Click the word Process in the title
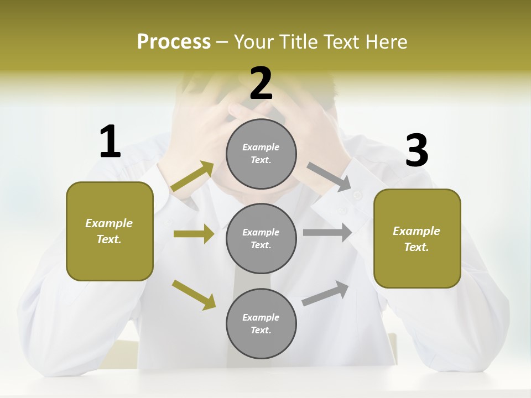(x=174, y=42)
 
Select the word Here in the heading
(x=386, y=42)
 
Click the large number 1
(x=110, y=142)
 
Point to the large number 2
(x=261, y=83)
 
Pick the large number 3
(x=417, y=151)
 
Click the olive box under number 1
(x=110, y=231)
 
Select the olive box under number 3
(x=417, y=238)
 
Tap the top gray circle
(x=261, y=154)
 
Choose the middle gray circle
(x=261, y=238)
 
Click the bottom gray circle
(x=261, y=323)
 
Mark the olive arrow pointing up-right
(x=192, y=176)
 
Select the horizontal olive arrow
(x=194, y=234)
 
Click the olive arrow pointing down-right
(x=194, y=295)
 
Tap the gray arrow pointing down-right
(x=329, y=177)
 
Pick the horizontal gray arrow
(x=327, y=232)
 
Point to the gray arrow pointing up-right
(x=326, y=293)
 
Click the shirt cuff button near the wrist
(x=358, y=195)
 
